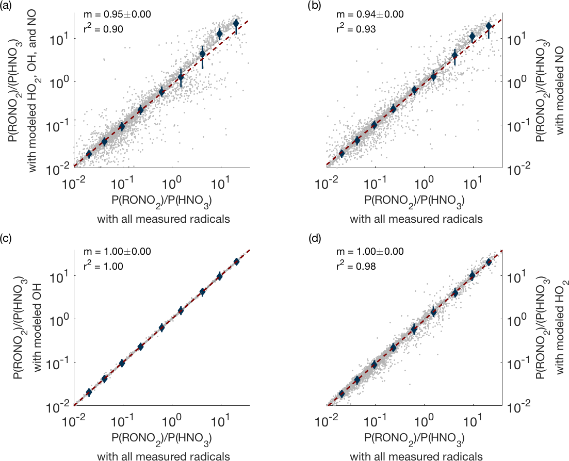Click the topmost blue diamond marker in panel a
click(236, 24)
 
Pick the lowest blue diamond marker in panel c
click(89, 392)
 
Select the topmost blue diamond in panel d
click(489, 262)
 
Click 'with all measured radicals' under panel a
click(163, 219)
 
